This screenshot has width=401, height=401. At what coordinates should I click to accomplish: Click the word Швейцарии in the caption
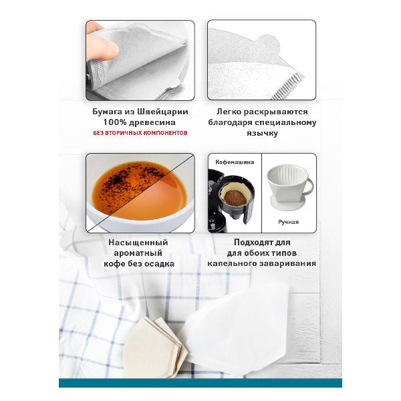coord(162,112)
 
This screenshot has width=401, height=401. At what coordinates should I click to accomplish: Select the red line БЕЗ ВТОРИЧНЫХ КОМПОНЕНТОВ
coord(140,133)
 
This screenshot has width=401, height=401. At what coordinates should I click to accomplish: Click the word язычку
coord(262,133)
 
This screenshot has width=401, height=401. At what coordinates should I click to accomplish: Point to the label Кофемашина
coord(235,162)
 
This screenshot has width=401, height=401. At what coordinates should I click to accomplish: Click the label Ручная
coord(289,222)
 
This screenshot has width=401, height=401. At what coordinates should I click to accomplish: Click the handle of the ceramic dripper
coord(309,186)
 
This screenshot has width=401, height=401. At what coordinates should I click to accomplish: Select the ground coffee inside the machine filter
coord(235,196)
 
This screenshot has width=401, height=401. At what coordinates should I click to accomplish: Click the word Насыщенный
coord(138,242)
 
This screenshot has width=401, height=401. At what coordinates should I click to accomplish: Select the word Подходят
coord(252,242)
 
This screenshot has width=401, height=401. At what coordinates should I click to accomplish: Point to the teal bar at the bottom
coord(200,383)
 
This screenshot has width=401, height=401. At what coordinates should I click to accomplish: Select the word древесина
coord(152,122)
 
